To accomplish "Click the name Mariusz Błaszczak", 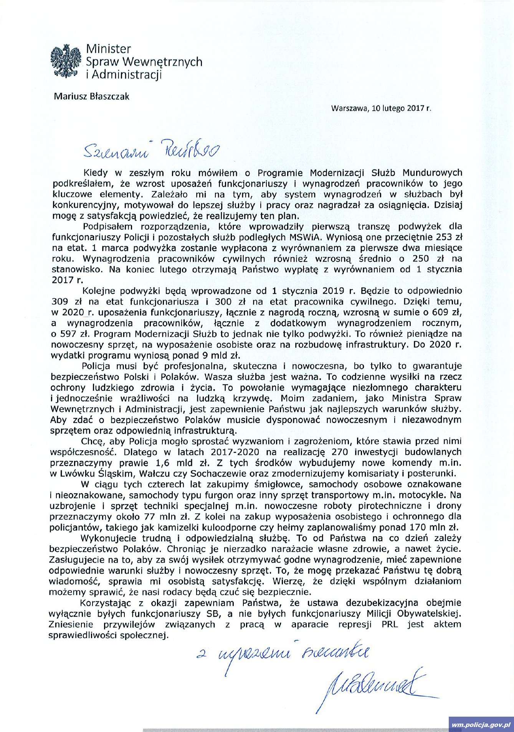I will [91, 96].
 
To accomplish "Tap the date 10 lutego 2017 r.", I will [401, 108].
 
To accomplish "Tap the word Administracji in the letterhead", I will [127, 74].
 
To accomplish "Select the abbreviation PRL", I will [390, 624].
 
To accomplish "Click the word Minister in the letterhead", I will [109, 49].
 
